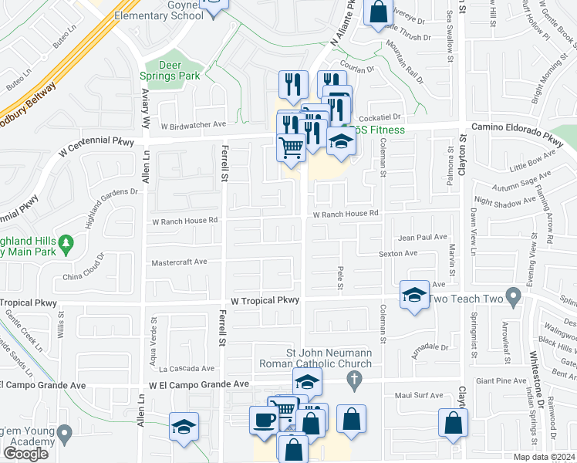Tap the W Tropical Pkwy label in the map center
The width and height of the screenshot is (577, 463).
[x=265, y=300]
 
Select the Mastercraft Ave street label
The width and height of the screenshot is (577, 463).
[x=180, y=262]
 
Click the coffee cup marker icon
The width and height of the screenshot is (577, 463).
[x=264, y=421]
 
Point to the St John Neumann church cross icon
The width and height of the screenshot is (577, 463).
[x=354, y=379]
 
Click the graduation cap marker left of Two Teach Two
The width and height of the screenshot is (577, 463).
[x=414, y=296]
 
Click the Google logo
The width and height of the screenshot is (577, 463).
[x=25, y=454]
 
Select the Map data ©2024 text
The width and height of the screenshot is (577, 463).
[x=544, y=457]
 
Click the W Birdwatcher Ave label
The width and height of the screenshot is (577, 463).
[x=193, y=124]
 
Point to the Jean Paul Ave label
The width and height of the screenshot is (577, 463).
[x=423, y=238]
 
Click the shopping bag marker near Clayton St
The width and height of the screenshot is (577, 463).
[x=452, y=423]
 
